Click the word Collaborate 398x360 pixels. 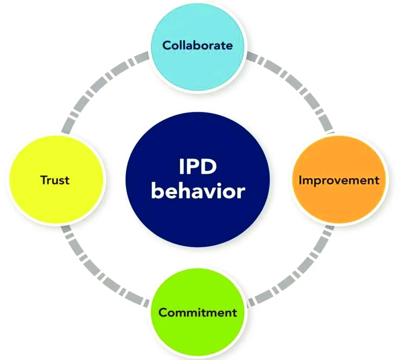(198, 45)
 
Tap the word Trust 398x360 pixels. (55, 180)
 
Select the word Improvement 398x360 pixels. (339, 180)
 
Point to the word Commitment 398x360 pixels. (198, 312)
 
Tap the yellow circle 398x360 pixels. (57, 180)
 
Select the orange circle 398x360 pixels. (339, 180)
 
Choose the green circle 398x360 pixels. (198, 314)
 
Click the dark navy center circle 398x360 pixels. (198, 183)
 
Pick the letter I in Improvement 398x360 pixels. (300, 180)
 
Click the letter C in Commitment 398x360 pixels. (163, 313)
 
